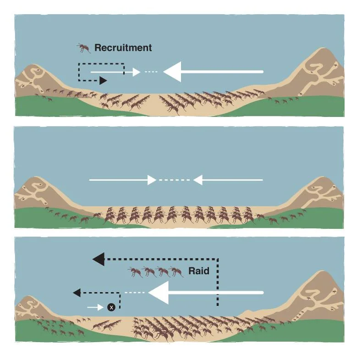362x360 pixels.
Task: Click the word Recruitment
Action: pyautogui.click(x=123, y=48)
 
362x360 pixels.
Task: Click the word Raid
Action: pyautogui.click(x=199, y=271)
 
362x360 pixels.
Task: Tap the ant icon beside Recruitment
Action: pyautogui.click(x=83, y=48)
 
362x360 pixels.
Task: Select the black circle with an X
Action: pyautogui.click(x=111, y=307)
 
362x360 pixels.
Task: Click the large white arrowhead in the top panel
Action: pyautogui.click(x=172, y=72)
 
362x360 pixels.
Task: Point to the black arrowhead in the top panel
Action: pyautogui.click(x=103, y=81)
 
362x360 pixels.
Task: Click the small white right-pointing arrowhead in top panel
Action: pyautogui.click(x=137, y=72)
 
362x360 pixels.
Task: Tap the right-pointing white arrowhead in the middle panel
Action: pyautogui.click(x=152, y=180)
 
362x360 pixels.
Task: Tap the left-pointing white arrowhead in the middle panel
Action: pyautogui.click(x=197, y=180)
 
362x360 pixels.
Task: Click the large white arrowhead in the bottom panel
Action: pyautogui.click(x=159, y=293)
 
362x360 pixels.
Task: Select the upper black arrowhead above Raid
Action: pyautogui.click(x=99, y=259)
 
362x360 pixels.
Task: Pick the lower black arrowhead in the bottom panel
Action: pyautogui.click(x=77, y=293)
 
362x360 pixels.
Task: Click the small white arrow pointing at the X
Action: pyautogui.click(x=95, y=307)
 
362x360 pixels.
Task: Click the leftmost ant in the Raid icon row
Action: pyautogui.click(x=135, y=271)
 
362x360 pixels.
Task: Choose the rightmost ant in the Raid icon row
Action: pyautogui.click(x=176, y=271)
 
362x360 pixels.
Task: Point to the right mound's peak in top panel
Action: pyautogui.click(x=324, y=48)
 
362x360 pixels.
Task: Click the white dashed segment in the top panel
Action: pyautogui.click(x=151, y=72)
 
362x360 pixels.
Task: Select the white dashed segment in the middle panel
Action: pyautogui.click(x=175, y=180)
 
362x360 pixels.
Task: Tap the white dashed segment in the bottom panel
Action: pyautogui.click(x=135, y=293)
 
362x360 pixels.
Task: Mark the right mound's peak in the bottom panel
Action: pyautogui.click(x=324, y=271)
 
